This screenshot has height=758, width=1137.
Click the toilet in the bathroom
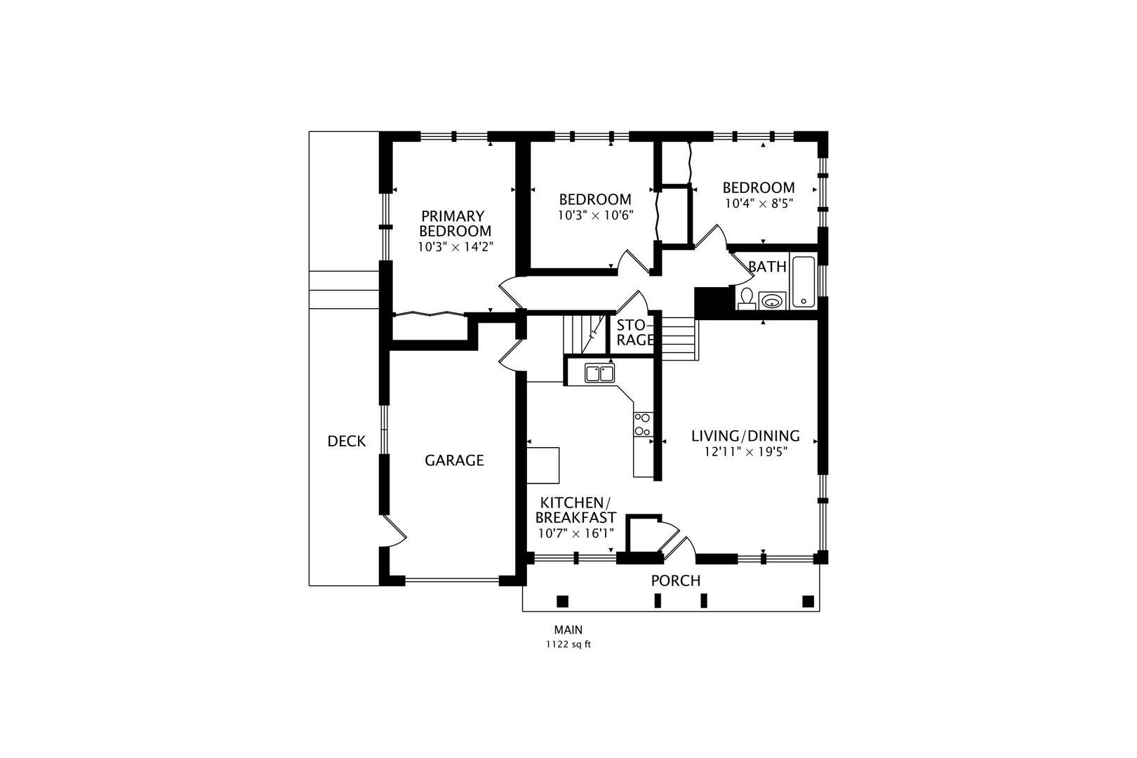[x=746, y=298]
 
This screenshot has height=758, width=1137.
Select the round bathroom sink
[x=772, y=301]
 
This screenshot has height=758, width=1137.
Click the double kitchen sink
[x=599, y=373]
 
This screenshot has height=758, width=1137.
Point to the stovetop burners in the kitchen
[x=642, y=424]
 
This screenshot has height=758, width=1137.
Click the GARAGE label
[x=454, y=460]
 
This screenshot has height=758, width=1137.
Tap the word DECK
[x=347, y=441]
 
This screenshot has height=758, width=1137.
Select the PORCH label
[x=675, y=580]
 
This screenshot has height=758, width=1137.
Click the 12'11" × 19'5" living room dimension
[x=745, y=452]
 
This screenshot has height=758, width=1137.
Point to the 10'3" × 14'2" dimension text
[x=456, y=247]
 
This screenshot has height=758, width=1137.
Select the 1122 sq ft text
[x=568, y=644]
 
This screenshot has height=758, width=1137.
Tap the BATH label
[x=766, y=267]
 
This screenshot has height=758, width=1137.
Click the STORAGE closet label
[x=635, y=333]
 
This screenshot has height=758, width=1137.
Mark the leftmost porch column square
[x=561, y=601]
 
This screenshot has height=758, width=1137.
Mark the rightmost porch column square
[x=808, y=601]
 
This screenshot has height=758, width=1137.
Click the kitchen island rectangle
[x=544, y=465]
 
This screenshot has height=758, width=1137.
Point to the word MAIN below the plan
[x=568, y=630]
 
